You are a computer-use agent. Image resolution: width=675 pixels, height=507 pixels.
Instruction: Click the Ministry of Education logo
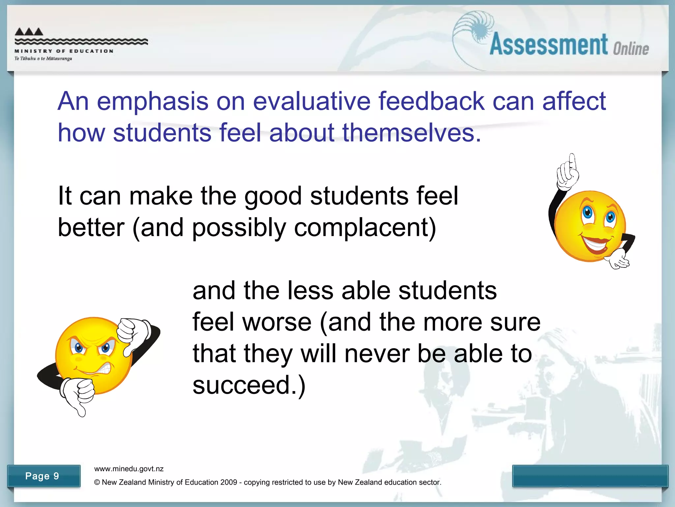click(81, 44)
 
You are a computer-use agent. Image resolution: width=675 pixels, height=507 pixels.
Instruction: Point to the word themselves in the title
click(411, 133)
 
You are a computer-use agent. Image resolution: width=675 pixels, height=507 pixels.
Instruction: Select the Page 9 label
click(42, 476)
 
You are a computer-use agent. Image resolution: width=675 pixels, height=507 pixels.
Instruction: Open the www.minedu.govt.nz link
click(129, 469)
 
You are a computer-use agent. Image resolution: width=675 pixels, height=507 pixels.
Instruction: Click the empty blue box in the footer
click(590, 476)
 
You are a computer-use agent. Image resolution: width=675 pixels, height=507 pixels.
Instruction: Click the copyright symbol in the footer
click(97, 482)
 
